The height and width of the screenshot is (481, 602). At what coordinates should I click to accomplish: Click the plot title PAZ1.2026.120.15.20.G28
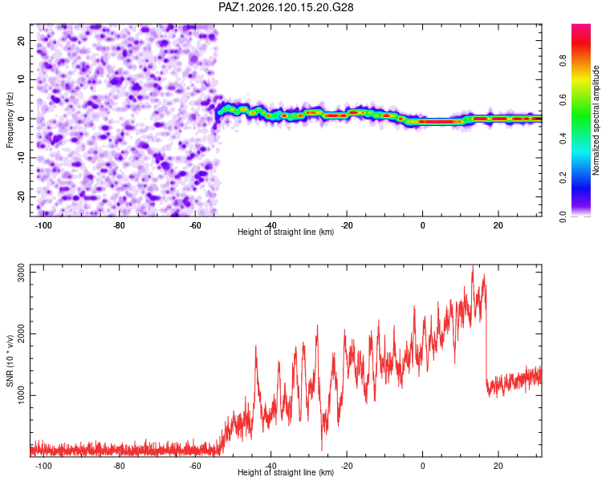point(286,7)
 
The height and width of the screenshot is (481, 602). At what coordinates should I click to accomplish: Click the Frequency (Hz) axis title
point(10,120)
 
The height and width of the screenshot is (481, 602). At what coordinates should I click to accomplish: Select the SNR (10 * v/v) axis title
point(10,361)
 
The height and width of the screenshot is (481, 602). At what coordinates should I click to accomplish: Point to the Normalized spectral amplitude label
point(596,120)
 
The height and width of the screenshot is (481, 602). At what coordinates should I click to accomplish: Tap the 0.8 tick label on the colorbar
point(563,61)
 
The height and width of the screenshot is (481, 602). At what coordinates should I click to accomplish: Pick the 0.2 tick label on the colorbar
point(563,178)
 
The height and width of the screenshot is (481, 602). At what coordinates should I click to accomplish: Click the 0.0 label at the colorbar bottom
point(563,217)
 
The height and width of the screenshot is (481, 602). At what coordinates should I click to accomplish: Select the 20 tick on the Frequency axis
point(21,41)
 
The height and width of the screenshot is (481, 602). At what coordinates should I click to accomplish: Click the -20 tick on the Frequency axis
point(21,196)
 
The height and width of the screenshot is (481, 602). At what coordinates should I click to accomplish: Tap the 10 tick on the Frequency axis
point(21,80)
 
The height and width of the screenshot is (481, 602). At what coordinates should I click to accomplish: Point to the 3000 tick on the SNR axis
point(21,273)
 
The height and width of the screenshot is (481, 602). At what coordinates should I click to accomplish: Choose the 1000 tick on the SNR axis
point(21,395)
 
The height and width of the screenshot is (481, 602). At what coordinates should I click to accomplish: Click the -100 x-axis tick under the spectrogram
point(43,225)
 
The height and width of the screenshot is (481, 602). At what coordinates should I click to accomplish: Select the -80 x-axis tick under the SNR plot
point(119,466)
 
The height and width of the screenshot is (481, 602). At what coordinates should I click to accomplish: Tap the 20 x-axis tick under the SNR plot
point(498,466)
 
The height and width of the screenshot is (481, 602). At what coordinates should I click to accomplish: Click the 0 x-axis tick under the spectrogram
point(422,225)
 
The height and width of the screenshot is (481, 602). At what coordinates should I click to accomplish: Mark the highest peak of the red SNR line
point(473,266)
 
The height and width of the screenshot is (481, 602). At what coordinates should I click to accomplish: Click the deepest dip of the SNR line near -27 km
point(322,450)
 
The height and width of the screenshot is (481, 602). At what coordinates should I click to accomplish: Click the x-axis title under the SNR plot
point(286,472)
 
